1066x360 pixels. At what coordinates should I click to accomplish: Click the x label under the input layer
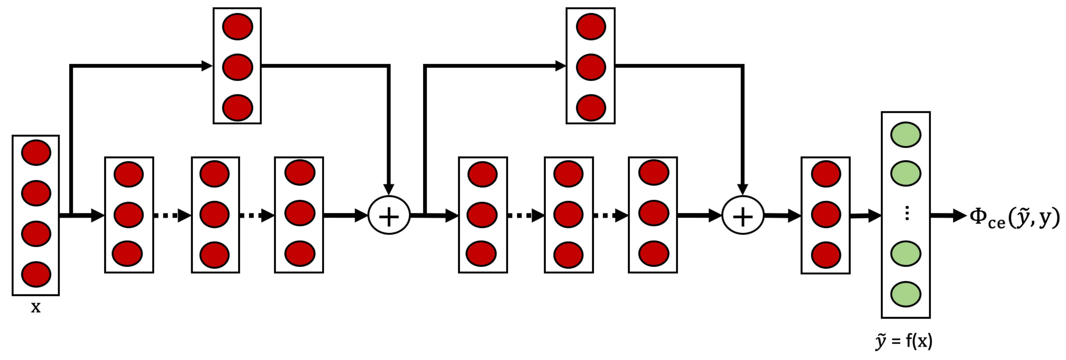(x=36, y=307)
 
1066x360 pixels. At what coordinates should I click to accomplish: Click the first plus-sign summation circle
(x=389, y=215)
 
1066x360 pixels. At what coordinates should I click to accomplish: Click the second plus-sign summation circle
(x=743, y=215)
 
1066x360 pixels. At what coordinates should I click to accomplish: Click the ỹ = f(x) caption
(x=904, y=342)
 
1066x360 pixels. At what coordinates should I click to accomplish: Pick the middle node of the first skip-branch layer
(x=238, y=67)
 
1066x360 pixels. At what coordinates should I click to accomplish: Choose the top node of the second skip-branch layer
(x=590, y=26)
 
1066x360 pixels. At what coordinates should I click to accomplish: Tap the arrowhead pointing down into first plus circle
(x=389, y=189)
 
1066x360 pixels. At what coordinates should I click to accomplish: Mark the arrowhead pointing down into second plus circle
(x=743, y=189)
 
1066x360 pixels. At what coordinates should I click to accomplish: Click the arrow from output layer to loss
(x=948, y=215)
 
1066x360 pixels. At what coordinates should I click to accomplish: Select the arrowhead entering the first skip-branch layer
(x=206, y=65)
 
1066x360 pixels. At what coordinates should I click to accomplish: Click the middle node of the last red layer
(x=826, y=214)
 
